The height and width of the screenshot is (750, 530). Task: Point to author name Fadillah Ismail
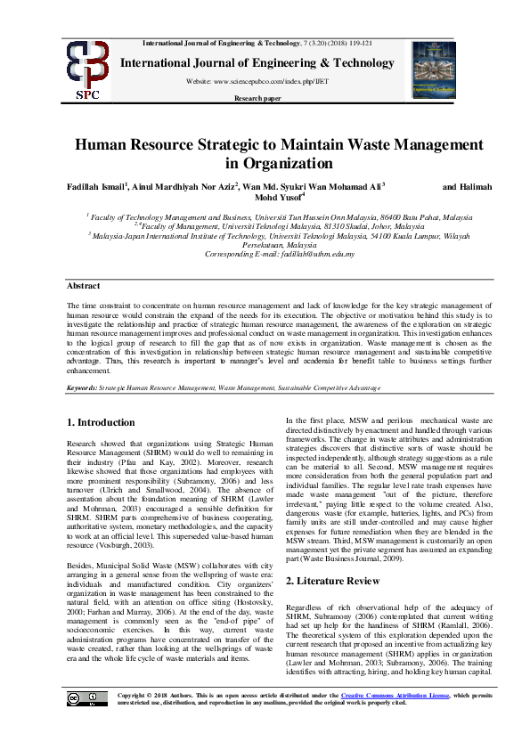point(96,187)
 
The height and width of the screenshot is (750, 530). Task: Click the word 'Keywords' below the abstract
point(83,388)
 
